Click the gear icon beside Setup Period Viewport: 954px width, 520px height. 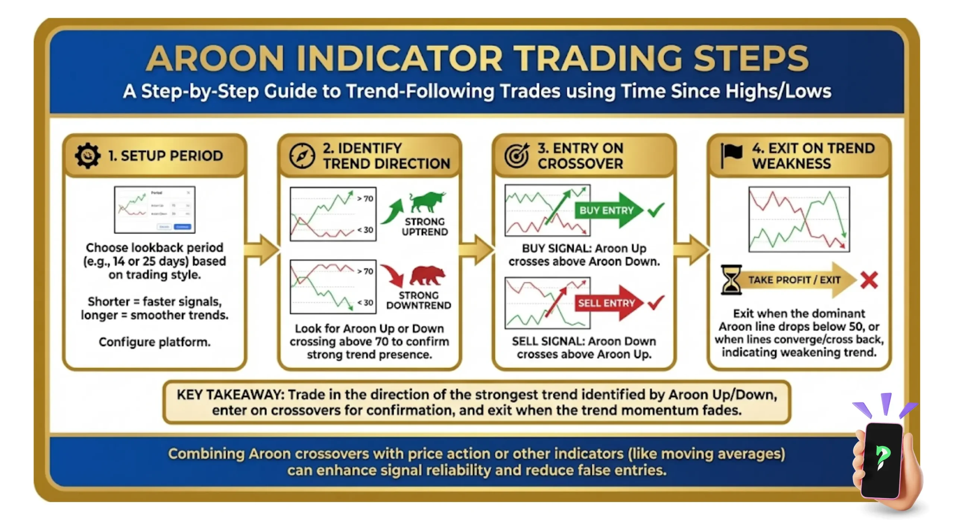pos(88,156)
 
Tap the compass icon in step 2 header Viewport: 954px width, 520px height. pos(302,156)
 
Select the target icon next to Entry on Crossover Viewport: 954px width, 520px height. pos(517,156)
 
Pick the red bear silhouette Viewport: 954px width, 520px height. pos(427,275)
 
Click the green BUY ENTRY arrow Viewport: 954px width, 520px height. pos(608,210)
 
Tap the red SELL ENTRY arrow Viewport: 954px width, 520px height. pos(608,303)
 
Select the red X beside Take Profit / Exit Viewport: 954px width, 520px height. pos(869,280)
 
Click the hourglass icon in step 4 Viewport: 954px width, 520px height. pos(731,280)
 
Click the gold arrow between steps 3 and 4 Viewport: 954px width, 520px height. pos(692,250)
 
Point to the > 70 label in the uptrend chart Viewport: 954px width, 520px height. pos(365,199)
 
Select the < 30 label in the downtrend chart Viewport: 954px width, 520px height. pos(365,302)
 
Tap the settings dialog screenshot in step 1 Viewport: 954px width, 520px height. pos(155,210)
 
